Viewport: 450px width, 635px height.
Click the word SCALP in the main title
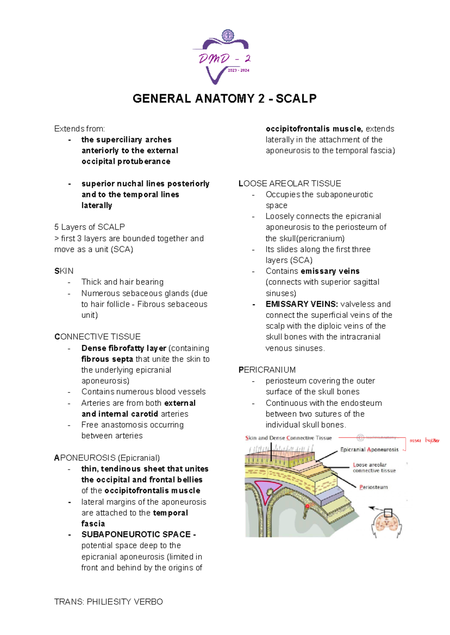296,99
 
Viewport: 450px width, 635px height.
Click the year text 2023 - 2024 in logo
238,70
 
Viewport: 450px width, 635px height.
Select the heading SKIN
64,271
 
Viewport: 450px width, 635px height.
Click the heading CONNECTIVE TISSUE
97,337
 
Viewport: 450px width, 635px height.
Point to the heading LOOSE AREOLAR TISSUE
289,184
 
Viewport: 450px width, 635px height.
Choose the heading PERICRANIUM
267,370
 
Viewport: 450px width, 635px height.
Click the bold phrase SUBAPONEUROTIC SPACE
136,535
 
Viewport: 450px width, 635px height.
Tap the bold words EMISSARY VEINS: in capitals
302,304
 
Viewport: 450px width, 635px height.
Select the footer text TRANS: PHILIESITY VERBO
108,602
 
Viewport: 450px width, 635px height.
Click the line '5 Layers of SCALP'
89,227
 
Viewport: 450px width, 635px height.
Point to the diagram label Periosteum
373,487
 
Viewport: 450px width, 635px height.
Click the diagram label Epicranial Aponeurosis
369,449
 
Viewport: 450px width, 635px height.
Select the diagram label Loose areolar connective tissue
374,467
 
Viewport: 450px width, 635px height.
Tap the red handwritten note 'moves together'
424,440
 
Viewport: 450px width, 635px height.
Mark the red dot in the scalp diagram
307,506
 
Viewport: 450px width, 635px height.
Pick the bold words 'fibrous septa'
107,359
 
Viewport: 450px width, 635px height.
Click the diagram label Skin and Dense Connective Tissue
288,438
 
